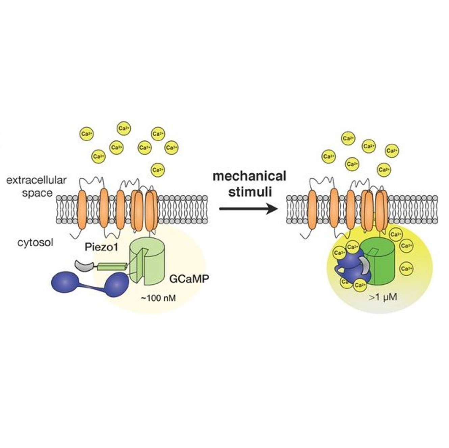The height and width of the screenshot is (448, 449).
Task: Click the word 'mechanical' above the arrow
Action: point(249,176)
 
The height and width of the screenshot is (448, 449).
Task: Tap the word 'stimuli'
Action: point(250,192)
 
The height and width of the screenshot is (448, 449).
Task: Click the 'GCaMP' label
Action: point(187,279)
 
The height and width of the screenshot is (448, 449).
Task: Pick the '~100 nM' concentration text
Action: point(158,298)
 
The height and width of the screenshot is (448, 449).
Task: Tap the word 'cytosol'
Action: point(35,243)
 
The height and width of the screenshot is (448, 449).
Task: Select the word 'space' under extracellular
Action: point(37,193)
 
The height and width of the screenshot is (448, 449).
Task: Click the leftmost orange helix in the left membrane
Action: point(82,209)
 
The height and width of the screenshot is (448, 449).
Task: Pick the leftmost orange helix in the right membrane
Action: point(312,209)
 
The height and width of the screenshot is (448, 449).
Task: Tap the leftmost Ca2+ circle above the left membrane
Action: point(86,134)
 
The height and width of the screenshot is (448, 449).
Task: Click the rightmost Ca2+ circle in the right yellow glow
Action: point(406,269)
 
